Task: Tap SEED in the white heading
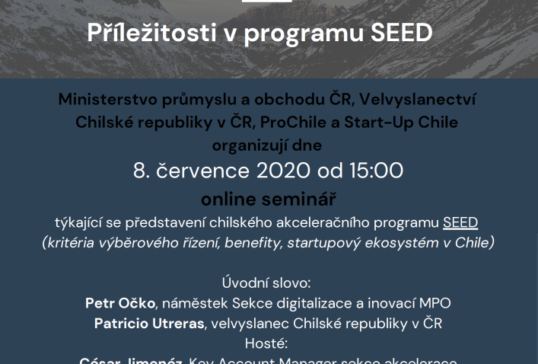pos(401,34)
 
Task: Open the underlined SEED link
pos(460,222)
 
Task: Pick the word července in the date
pos(202,170)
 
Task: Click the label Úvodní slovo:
pos(269,282)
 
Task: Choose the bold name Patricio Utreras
pos(150,323)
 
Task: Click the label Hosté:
pos(269,343)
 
